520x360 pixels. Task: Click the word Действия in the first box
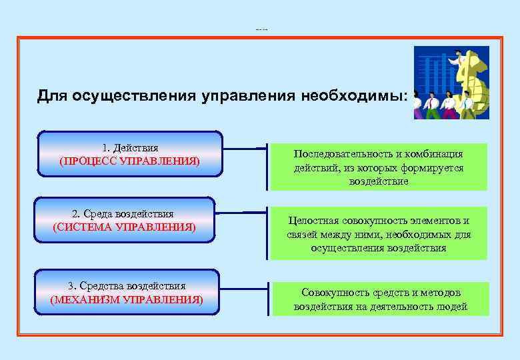pyautogui.click(x=135, y=147)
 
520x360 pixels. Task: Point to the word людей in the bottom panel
pyautogui.click(x=453, y=307)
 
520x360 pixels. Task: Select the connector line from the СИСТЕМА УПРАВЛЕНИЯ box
pyautogui.click(x=241, y=213)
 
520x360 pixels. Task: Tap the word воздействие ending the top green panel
pyautogui.click(x=379, y=181)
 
